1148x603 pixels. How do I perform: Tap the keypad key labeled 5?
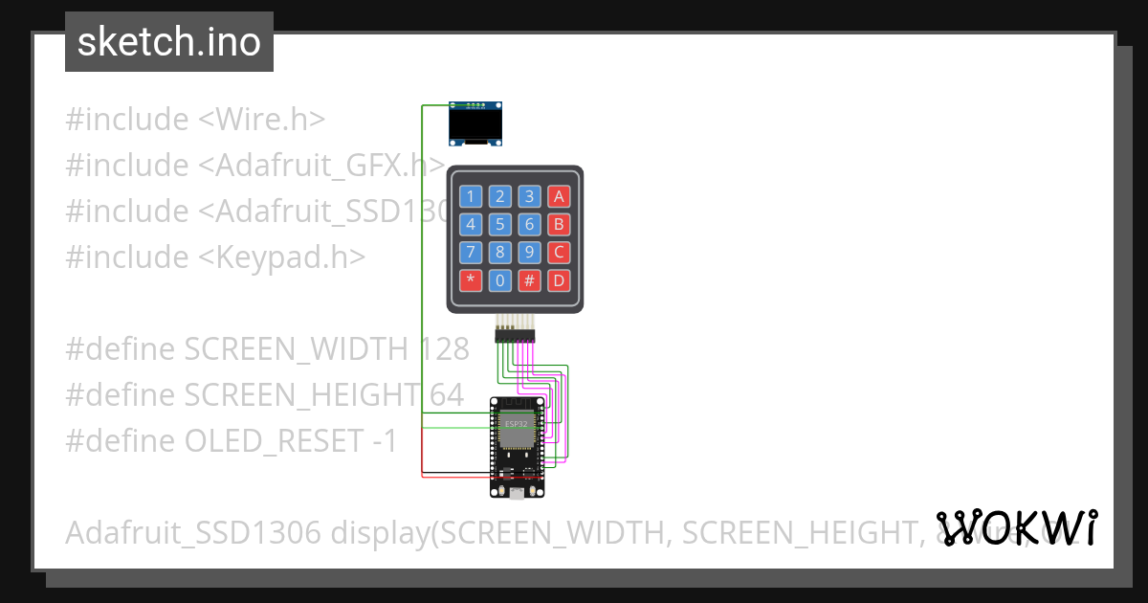click(x=499, y=225)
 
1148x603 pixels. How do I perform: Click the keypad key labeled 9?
click(x=529, y=253)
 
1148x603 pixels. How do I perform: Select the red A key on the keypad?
click(x=559, y=197)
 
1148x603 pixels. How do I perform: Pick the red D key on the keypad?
click(x=559, y=281)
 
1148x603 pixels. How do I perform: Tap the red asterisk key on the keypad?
click(x=471, y=281)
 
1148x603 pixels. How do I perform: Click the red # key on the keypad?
click(x=529, y=281)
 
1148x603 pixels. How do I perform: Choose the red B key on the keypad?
click(x=559, y=225)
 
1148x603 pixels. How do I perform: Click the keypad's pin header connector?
click(x=515, y=334)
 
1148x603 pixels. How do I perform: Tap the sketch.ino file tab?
click(x=169, y=42)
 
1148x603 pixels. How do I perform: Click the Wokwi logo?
click(x=1017, y=528)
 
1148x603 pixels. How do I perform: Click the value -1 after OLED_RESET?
click(x=383, y=441)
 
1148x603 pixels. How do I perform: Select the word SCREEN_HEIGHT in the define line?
click(x=298, y=395)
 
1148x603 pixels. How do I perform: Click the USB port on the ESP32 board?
click(x=517, y=492)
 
